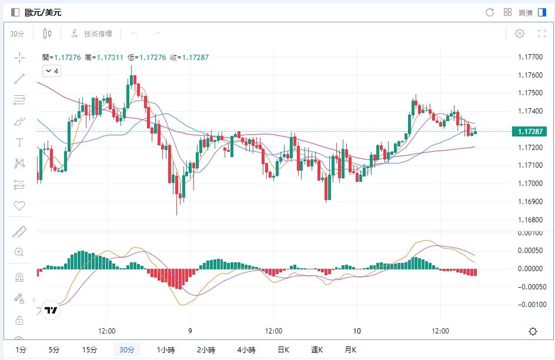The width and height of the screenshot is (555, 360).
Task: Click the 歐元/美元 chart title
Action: (43, 12)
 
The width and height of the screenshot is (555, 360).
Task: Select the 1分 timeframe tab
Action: (21, 350)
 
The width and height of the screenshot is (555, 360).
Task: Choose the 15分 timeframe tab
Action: (89, 350)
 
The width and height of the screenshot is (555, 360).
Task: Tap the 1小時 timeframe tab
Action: (166, 350)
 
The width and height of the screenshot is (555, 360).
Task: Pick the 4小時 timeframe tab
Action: (246, 350)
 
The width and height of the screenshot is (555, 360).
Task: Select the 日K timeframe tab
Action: (283, 350)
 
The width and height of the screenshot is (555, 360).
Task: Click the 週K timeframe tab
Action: (317, 350)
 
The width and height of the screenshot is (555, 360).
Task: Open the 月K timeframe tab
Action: (350, 350)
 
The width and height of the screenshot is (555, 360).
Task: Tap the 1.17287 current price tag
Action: (530, 132)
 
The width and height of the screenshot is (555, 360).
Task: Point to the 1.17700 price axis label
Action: (530, 57)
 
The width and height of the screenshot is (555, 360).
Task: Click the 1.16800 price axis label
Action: (530, 220)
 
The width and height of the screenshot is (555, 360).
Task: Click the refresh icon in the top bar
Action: (490, 12)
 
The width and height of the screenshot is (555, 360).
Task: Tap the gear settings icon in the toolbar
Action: (520, 34)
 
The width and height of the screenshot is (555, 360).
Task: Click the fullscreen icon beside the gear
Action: (543, 34)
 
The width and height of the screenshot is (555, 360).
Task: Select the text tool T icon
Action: (19, 142)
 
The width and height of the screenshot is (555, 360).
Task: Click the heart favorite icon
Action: (19, 206)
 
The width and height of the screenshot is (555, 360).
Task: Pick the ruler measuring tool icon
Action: (19, 232)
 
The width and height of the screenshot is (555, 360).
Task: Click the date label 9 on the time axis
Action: (190, 331)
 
